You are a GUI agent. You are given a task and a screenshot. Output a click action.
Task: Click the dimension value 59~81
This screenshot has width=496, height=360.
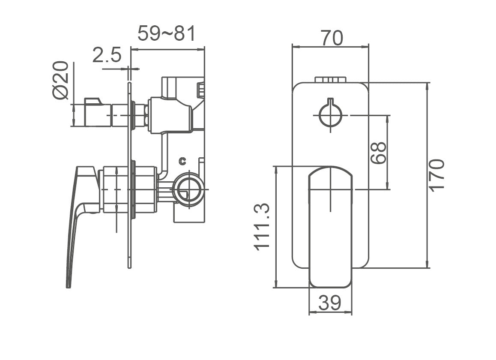click(x=167, y=33)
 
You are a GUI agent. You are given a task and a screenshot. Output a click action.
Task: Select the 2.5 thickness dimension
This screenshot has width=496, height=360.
click(x=107, y=56)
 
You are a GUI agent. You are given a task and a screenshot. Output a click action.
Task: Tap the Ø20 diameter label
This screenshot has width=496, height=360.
click(x=61, y=80)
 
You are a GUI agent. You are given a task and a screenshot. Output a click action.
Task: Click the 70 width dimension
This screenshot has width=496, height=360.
click(x=332, y=38)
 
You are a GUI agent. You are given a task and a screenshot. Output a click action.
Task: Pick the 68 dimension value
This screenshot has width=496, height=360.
click(x=379, y=153)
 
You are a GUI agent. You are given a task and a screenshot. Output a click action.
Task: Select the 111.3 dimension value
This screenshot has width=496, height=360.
click(x=262, y=226)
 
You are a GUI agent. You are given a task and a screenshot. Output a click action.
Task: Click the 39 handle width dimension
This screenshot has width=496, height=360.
click(x=330, y=303)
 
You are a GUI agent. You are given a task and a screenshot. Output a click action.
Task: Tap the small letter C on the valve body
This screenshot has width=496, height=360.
click(x=182, y=161)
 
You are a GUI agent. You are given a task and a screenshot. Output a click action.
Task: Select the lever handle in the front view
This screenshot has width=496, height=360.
click(x=330, y=227)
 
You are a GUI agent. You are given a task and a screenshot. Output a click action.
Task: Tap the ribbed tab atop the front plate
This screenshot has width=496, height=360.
click(x=330, y=79)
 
